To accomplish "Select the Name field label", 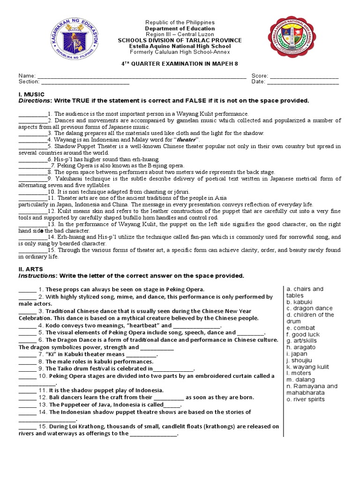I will click(27, 75).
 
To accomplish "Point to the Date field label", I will click(258, 82).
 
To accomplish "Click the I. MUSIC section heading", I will click(31, 94).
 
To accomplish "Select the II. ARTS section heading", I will click(30, 269).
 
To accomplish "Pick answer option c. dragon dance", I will click(309, 308).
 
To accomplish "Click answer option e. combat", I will click(301, 328).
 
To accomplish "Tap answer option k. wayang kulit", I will click(307, 367).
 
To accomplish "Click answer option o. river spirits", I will click(306, 399).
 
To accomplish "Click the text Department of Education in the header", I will click(180, 29).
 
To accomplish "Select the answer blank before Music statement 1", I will click(32, 114).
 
